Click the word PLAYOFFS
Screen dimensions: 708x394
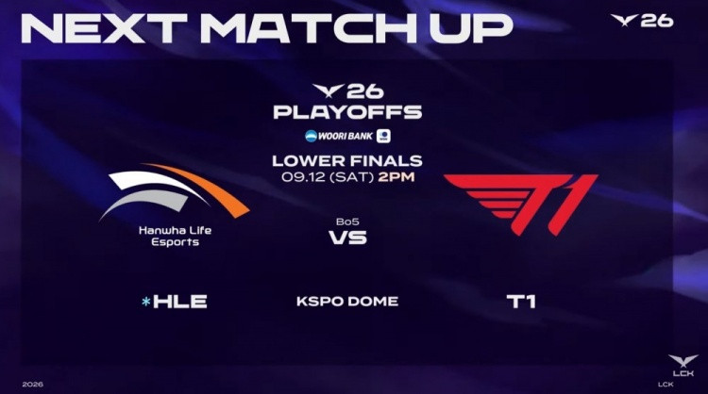(x=347, y=112)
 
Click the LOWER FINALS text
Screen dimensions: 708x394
(x=347, y=160)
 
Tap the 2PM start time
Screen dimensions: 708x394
(x=396, y=176)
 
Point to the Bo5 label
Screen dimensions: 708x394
(x=347, y=222)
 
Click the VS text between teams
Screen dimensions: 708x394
(x=347, y=238)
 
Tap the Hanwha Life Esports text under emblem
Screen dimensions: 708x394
(x=176, y=237)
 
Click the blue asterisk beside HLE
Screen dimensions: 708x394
(x=145, y=302)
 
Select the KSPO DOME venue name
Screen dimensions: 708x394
(x=347, y=301)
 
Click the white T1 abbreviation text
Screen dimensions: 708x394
(x=521, y=302)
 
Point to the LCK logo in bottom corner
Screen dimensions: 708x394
(x=683, y=366)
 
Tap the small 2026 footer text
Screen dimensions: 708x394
(x=32, y=384)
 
